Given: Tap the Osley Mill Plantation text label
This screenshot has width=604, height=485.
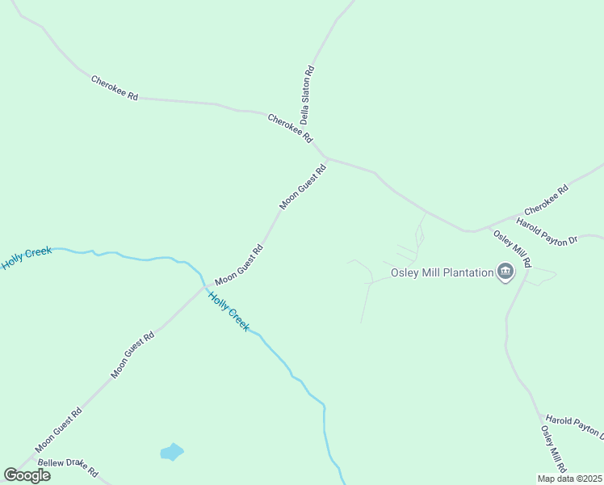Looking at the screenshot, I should click(x=442, y=272).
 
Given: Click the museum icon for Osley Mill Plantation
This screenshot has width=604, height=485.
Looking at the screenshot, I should click(x=505, y=272).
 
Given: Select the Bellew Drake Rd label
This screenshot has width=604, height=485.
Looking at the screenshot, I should click(x=68, y=467).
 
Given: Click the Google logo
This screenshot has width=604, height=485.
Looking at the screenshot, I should click(x=27, y=475).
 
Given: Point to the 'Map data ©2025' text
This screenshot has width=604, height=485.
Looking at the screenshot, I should click(x=568, y=479).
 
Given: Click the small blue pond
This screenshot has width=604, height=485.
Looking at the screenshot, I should click(x=172, y=452).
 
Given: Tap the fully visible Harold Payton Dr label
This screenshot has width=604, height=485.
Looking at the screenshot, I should click(x=547, y=230).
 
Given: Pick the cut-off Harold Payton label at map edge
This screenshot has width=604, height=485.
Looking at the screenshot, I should click(x=573, y=425).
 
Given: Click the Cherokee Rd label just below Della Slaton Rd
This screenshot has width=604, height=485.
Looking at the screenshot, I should click(x=290, y=128).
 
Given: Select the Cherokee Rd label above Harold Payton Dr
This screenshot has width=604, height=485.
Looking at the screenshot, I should click(x=547, y=199).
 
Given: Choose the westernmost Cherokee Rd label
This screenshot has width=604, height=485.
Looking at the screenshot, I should click(x=115, y=88).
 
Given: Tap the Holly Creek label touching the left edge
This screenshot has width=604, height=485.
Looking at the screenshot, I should click(x=26, y=259).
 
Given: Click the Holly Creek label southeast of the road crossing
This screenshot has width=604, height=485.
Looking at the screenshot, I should click(x=229, y=310).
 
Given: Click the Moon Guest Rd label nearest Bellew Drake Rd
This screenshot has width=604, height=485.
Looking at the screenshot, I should click(x=59, y=430).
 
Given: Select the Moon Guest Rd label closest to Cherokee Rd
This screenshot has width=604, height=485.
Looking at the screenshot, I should click(x=303, y=188).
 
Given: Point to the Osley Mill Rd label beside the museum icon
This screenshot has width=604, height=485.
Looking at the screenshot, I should click(x=513, y=249).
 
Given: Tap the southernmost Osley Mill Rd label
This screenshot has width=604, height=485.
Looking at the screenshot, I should click(x=554, y=449).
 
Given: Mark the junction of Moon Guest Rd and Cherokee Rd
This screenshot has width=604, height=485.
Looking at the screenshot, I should click(x=325, y=157).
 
